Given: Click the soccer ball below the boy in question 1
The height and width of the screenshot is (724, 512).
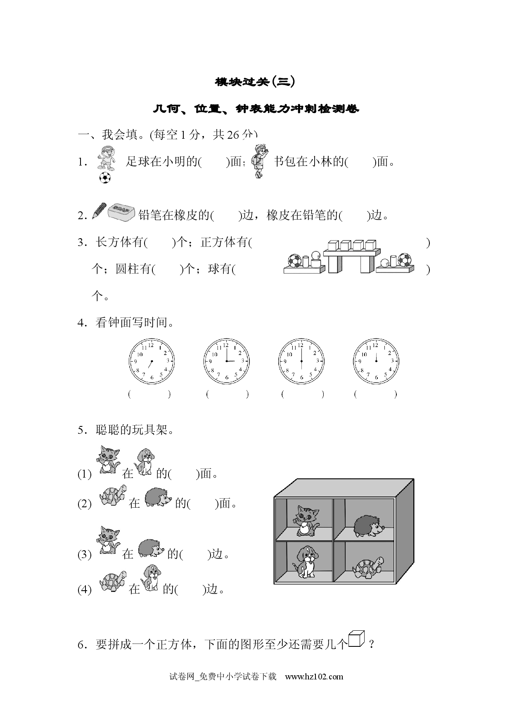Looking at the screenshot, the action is click(x=105, y=177).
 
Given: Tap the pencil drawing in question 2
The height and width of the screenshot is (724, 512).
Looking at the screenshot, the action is click(x=99, y=210).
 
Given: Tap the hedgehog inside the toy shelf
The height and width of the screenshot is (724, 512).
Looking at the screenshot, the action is click(x=369, y=526).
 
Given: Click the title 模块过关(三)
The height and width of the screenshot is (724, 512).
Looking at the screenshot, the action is click(x=256, y=82).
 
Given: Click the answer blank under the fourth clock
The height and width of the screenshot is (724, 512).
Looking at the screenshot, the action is click(x=375, y=394).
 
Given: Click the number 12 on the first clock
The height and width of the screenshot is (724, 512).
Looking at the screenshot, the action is click(x=151, y=345).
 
